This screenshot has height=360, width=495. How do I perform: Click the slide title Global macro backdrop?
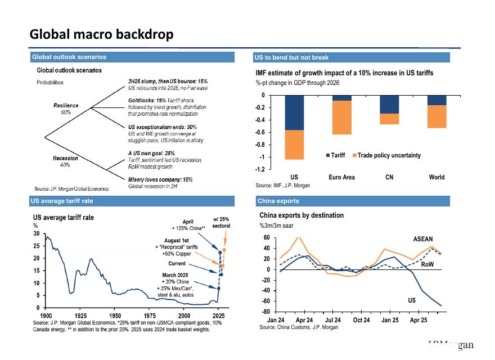[101, 35]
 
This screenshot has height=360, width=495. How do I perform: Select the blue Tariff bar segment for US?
[294, 112]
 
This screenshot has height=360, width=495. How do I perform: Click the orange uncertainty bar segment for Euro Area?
[341, 118]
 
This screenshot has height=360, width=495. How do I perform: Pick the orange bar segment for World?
[436, 116]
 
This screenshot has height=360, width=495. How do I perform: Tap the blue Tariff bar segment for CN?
[389, 104]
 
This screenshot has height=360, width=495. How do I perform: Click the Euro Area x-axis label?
[341, 177]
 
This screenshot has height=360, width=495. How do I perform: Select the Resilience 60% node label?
[66, 109]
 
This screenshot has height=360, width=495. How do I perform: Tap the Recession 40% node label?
[65, 161]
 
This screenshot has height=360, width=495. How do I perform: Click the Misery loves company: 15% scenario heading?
[160, 179]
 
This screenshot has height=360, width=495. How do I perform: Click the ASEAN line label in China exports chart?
[423, 239]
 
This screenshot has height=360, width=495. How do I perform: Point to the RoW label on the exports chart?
[427, 264]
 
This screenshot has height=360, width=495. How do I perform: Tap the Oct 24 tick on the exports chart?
[362, 320]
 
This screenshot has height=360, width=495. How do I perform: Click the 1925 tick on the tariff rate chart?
[80, 316]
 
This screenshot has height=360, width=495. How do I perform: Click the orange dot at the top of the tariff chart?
[224, 249]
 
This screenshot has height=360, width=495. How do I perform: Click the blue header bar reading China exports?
[352, 201]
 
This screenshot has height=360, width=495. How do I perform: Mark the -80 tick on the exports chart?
[267, 312]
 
